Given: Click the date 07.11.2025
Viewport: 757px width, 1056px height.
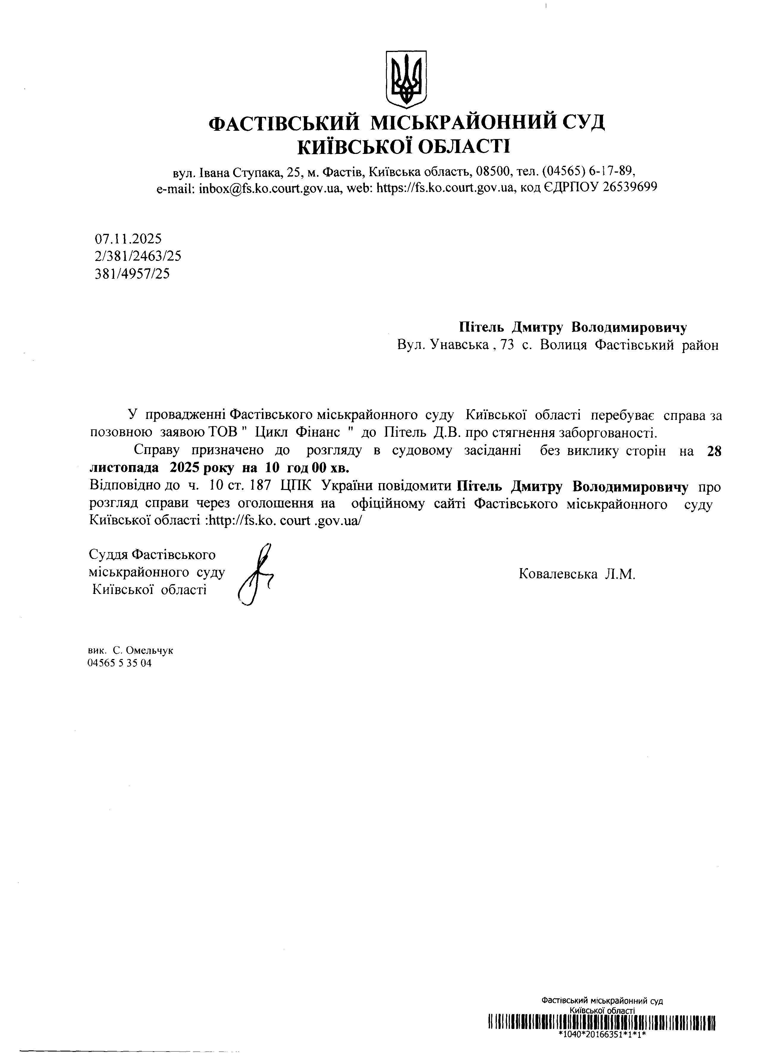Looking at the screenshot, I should (x=128, y=239).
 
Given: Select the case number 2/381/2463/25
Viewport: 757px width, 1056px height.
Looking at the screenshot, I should (x=138, y=256).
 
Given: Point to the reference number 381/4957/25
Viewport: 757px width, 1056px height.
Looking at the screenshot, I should (x=132, y=273).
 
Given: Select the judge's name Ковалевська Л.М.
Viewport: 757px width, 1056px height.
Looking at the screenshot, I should (x=577, y=574).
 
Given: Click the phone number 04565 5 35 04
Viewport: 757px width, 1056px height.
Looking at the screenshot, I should (x=119, y=663).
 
